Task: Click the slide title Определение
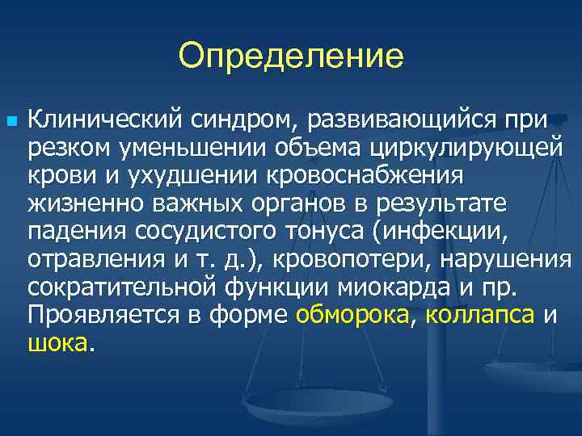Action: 290,57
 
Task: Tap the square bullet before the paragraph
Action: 10,119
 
